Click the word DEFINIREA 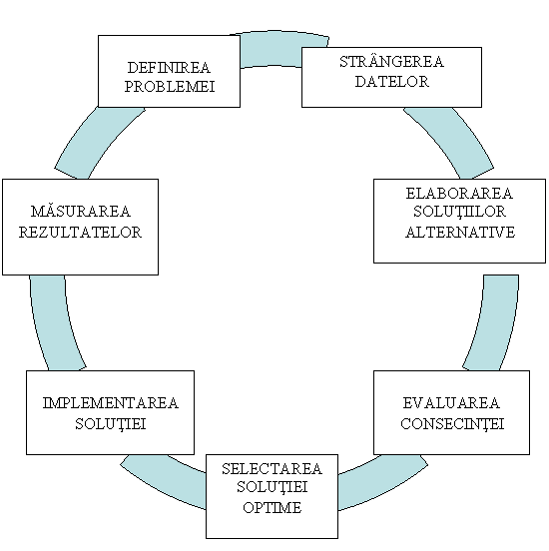(169, 68)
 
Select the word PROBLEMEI (170, 87)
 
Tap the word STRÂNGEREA (391, 62)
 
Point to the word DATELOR (392, 81)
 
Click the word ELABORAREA (459, 194)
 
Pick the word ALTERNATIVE (460, 233)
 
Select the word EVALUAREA (451, 403)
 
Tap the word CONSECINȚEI (452, 424)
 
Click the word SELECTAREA (272, 469)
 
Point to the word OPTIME (273, 508)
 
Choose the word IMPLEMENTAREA (111, 403)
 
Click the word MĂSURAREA (81, 212)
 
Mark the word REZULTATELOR (80, 233)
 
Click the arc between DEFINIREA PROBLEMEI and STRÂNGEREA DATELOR (274, 48)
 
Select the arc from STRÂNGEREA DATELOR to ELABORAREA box (453, 141)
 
